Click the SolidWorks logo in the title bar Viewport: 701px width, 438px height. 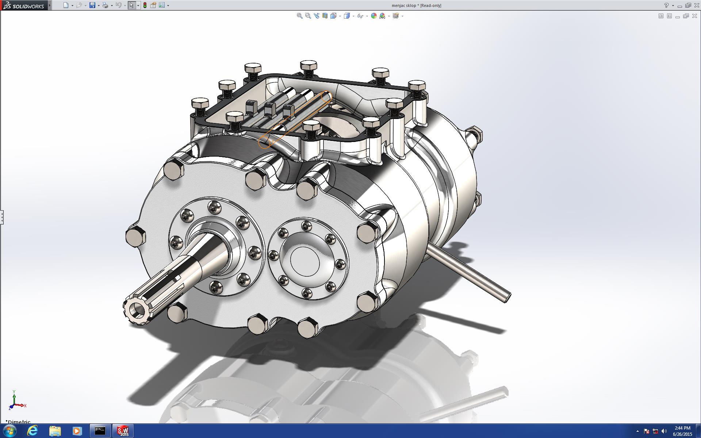coord(23,5)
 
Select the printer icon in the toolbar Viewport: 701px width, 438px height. coord(105,5)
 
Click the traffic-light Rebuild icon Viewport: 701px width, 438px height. coord(145,5)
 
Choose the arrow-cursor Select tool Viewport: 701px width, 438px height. coord(131,5)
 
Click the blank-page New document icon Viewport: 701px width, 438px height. coord(66,5)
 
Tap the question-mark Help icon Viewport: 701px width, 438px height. coord(666,5)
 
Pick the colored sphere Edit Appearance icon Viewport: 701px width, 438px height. coord(374,16)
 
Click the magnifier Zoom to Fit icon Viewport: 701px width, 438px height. coord(299,16)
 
